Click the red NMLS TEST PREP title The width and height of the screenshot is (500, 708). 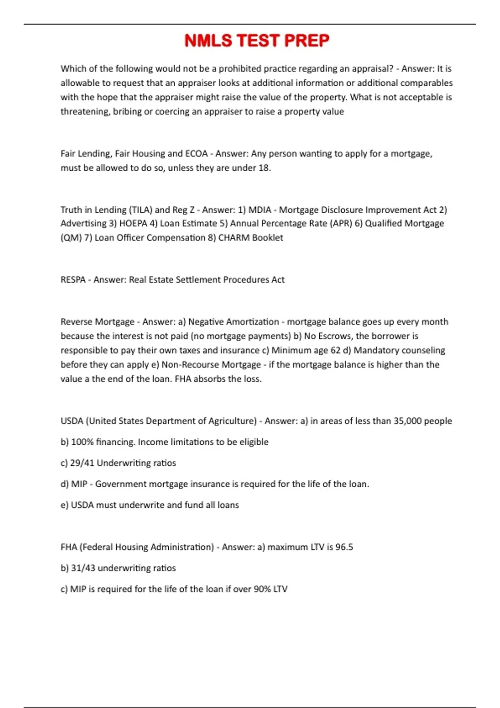click(x=257, y=41)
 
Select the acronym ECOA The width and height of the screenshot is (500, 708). click(x=196, y=154)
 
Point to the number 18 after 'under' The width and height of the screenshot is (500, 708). click(x=264, y=168)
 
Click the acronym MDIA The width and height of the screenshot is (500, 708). click(x=260, y=210)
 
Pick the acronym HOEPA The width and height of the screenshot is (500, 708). click(x=133, y=224)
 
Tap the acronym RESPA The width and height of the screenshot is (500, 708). click(x=73, y=280)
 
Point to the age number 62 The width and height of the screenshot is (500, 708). click(x=335, y=350)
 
